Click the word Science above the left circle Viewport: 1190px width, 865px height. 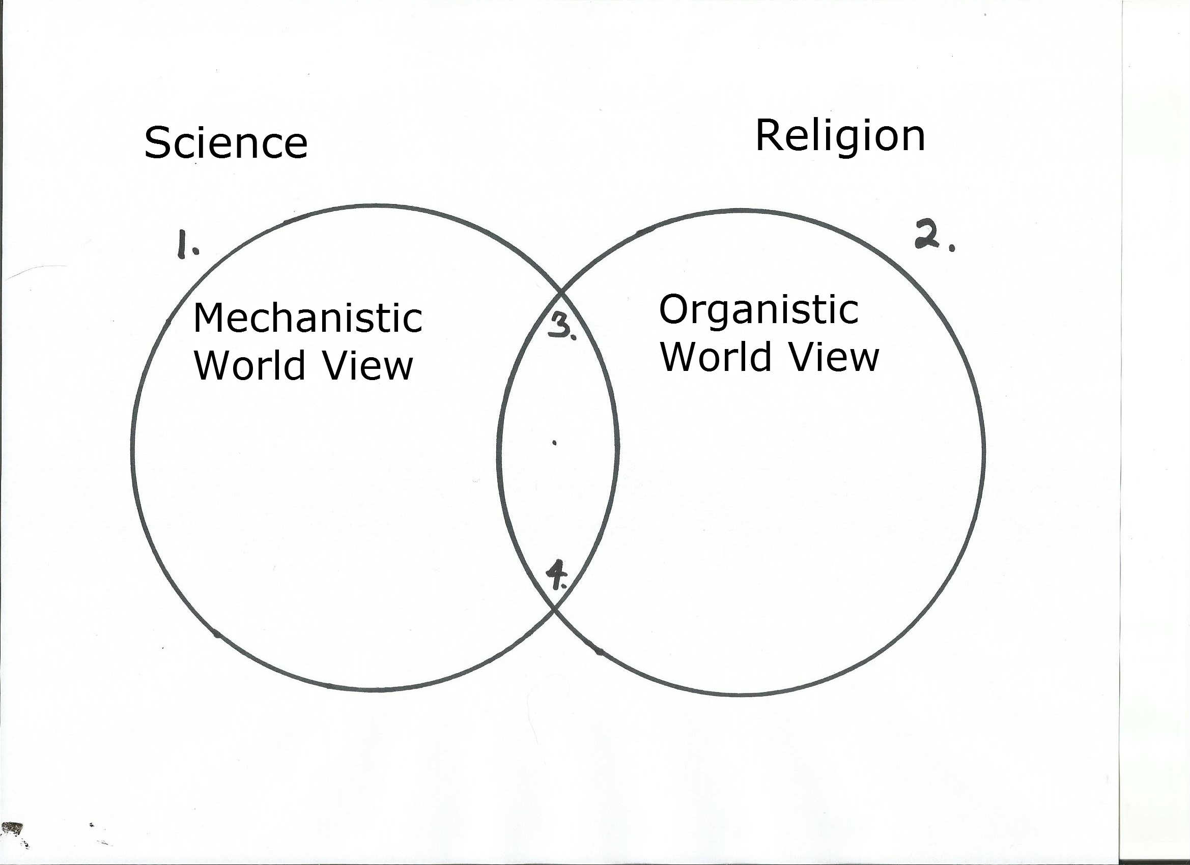click(225, 142)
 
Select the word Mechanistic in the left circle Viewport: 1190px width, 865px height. click(307, 318)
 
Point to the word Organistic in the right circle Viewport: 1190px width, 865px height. click(758, 310)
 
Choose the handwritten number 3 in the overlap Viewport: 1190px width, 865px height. click(559, 327)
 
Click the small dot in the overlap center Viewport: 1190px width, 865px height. click(555, 443)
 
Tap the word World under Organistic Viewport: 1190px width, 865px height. click(716, 357)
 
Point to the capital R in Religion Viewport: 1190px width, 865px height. click(768, 135)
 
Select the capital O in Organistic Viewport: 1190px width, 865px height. click(674, 309)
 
